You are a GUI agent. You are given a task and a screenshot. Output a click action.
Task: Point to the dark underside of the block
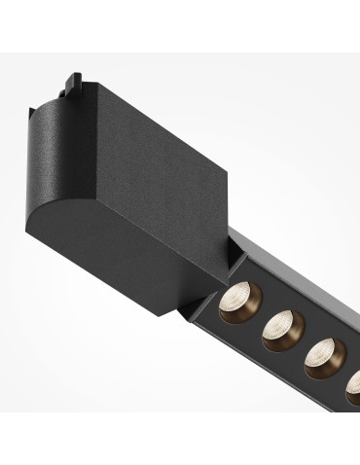pyautogui.click(x=156, y=277)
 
